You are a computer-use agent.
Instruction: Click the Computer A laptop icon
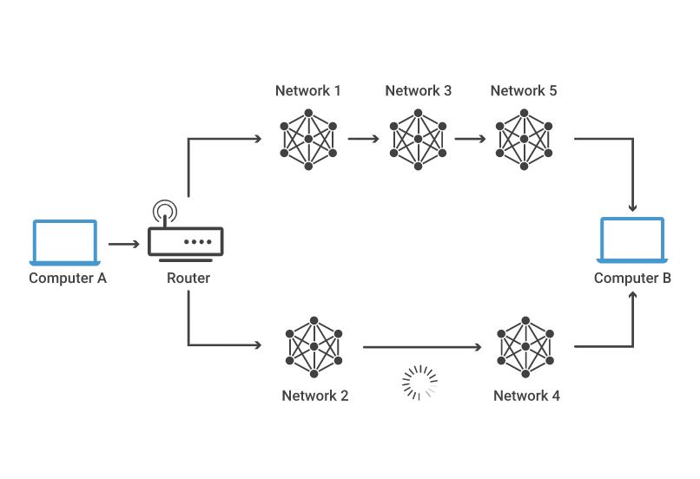pos(66,242)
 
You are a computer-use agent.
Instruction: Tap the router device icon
pos(186,242)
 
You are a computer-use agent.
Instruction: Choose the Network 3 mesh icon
pos(419,138)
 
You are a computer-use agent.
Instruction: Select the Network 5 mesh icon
pos(524,138)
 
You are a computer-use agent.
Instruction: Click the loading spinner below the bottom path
pos(419,383)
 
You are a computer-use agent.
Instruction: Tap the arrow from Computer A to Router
pos(123,245)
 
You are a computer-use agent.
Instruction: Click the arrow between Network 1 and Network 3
pos(363,138)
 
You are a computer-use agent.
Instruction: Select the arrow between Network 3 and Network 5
pos(470,138)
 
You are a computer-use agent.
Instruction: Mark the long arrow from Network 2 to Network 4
pos(421,347)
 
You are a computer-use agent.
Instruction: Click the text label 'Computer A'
pos(68,279)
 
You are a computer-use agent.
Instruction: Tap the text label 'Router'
pos(188,279)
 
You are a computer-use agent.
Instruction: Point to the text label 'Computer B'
pos(632,279)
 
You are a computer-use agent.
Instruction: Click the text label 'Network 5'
pos(524,91)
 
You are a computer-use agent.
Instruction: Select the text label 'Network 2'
pos(315,396)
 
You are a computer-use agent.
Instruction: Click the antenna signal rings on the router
pos(163,212)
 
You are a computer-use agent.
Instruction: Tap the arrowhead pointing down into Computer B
pos(633,207)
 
